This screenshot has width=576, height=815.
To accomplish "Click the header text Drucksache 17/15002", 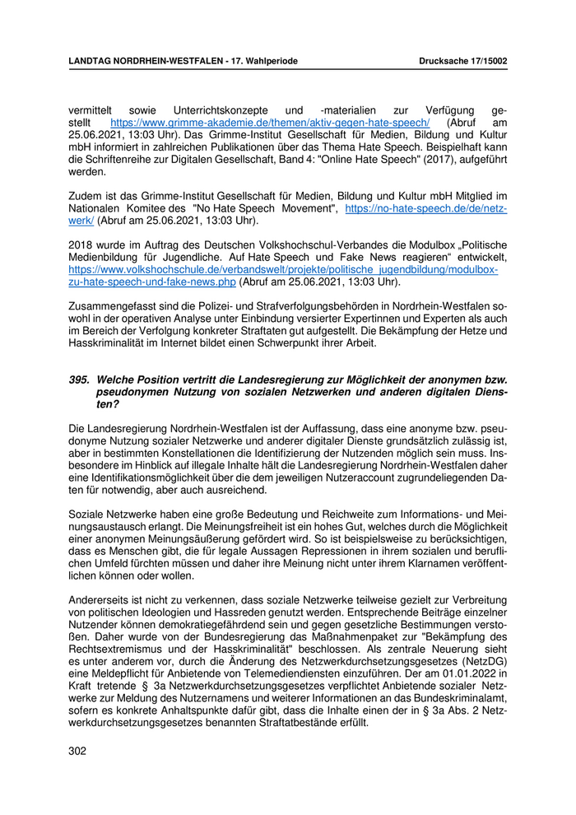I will click(462, 61).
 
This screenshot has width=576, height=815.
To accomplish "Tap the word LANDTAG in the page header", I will click(91, 61).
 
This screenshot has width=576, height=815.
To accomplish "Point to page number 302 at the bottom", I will click(77, 751).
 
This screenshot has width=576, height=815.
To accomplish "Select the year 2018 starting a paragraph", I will click(81, 245).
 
